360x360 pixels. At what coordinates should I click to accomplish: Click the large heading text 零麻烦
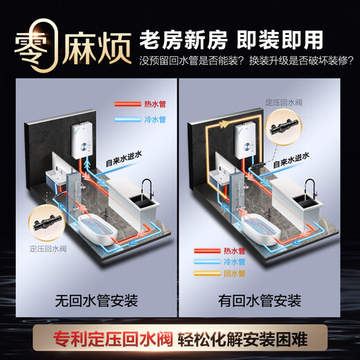coord(73,47)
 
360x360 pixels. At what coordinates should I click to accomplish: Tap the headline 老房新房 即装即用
coord(231,40)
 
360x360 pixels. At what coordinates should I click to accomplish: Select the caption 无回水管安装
coord(96,301)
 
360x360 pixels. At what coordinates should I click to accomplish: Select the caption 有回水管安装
coord(260,301)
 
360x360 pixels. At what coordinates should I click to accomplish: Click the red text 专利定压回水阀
coord(113,339)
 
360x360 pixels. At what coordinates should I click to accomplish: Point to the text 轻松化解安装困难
coord(242,339)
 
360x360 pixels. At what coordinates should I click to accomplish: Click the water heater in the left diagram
coord(83,141)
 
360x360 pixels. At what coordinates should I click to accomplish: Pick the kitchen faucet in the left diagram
coord(147,188)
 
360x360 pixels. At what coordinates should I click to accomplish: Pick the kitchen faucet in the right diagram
coord(310,188)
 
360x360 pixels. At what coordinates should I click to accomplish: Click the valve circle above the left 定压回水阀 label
coord(47,223)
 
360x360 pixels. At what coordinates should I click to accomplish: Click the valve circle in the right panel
coord(284,127)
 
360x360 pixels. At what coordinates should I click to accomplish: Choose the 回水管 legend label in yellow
coord(234,273)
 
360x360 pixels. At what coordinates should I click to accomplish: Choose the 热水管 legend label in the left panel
coord(155,104)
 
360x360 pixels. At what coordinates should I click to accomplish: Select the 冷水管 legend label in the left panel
coord(155,120)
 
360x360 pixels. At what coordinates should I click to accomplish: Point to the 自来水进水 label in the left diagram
coord(124,159)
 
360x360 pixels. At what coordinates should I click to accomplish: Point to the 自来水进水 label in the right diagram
coord(291,161)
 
